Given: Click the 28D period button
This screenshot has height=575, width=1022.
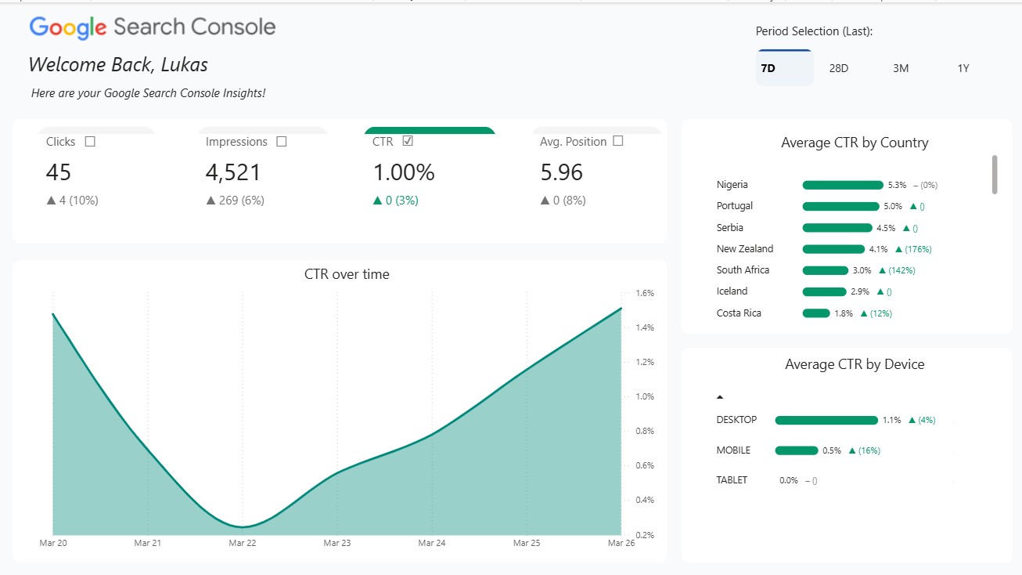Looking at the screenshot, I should tap(838, 68).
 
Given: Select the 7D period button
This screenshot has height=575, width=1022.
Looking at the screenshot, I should tap(768, 68).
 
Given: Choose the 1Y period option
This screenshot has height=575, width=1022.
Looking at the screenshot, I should tap(963, 68).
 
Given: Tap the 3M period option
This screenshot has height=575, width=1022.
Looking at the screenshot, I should tap(901, 68).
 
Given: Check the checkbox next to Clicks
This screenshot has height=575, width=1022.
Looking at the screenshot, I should tap(90, 142).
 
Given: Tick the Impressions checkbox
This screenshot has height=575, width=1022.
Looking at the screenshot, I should tap(282, 142).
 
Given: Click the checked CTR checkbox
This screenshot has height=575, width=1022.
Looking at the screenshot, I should tap(407, 142).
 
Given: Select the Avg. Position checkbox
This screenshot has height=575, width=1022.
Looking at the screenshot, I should tap(618, 142).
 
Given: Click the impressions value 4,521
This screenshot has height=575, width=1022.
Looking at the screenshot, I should tap(233, 172).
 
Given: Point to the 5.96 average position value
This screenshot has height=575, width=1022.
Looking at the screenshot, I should tap(561, 172).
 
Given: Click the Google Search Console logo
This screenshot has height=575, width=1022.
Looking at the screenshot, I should tap(153, 27).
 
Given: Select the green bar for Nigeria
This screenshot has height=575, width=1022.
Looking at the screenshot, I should tap(842, 186).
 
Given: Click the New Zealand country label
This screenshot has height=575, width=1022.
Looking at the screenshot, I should tap(744, 249).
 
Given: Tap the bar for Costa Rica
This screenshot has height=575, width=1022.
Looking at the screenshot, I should tap(816, 313).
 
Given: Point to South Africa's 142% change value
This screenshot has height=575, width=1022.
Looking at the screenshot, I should tap(900, 270).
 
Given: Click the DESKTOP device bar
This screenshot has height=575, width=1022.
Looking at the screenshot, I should tap(826, 421).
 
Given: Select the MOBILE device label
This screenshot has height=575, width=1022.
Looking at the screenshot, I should tap(733, 450).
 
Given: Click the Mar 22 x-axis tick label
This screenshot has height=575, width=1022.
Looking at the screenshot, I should tap(242, 543).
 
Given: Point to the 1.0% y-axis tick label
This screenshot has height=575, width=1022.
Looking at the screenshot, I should tap(644, 396).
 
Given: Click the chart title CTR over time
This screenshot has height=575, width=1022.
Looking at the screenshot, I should tap(347, 274).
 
